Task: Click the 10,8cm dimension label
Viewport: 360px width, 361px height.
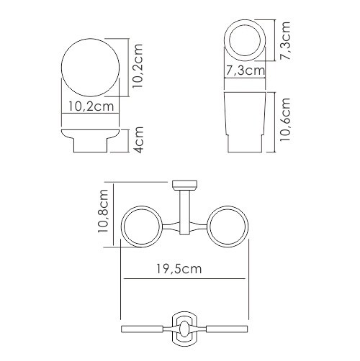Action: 104,213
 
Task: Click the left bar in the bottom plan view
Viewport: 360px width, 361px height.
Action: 143,329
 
